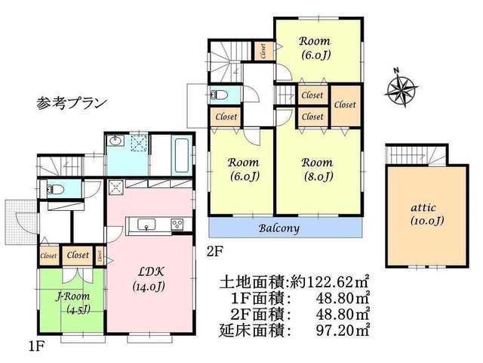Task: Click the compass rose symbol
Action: (403, 89)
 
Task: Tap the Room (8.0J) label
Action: (317, 169)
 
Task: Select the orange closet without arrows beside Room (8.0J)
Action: (345, 106)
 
